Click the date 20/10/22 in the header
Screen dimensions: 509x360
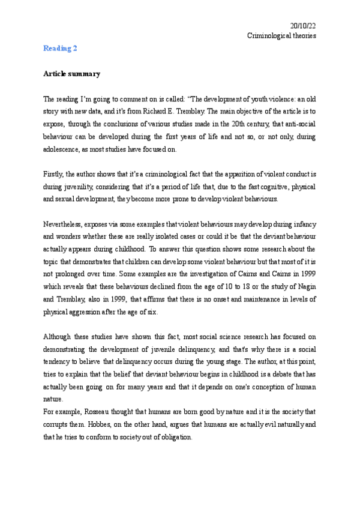pyautogui.click(x=303, y=25)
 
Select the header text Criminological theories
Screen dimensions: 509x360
pyautogui.click(x=281, y=35)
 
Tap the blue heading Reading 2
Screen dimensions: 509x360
pyautogui.click(x=60, y=48)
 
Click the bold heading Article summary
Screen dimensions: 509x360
pyautogui.click(x=71, y=74)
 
